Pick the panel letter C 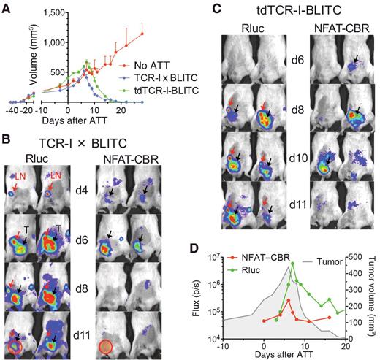(224, 10)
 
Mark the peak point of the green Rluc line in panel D (293, 264)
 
